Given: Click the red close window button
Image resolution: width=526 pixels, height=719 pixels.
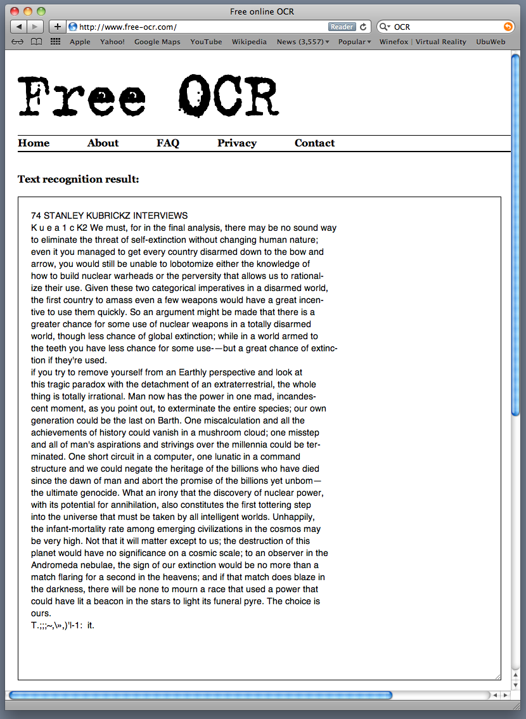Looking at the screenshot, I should coord(15,11).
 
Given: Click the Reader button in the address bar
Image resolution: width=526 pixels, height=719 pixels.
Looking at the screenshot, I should coord(342,27).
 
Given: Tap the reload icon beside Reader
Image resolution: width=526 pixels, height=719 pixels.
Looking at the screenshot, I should coord(363,27).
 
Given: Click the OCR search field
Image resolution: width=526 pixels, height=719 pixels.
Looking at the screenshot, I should coord(444,27).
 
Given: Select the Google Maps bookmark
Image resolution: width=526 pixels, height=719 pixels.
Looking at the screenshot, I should coord(157,42).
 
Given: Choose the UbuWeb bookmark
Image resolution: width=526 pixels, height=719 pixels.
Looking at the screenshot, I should coord(491,42).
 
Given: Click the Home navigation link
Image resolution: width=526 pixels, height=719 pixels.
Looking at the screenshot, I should coord(34,143).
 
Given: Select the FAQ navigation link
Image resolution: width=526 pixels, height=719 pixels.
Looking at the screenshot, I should coord(168,143).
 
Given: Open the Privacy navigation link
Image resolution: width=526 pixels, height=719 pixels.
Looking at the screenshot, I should coord(237,143).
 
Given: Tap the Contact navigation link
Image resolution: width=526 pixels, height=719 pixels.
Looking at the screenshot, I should coord(314,143).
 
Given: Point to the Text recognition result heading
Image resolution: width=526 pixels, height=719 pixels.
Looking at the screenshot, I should coord(79,179).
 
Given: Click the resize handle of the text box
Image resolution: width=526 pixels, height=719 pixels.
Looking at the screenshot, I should coord(497,677).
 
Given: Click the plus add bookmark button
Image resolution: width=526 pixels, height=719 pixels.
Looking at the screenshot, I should coord(57,27).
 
